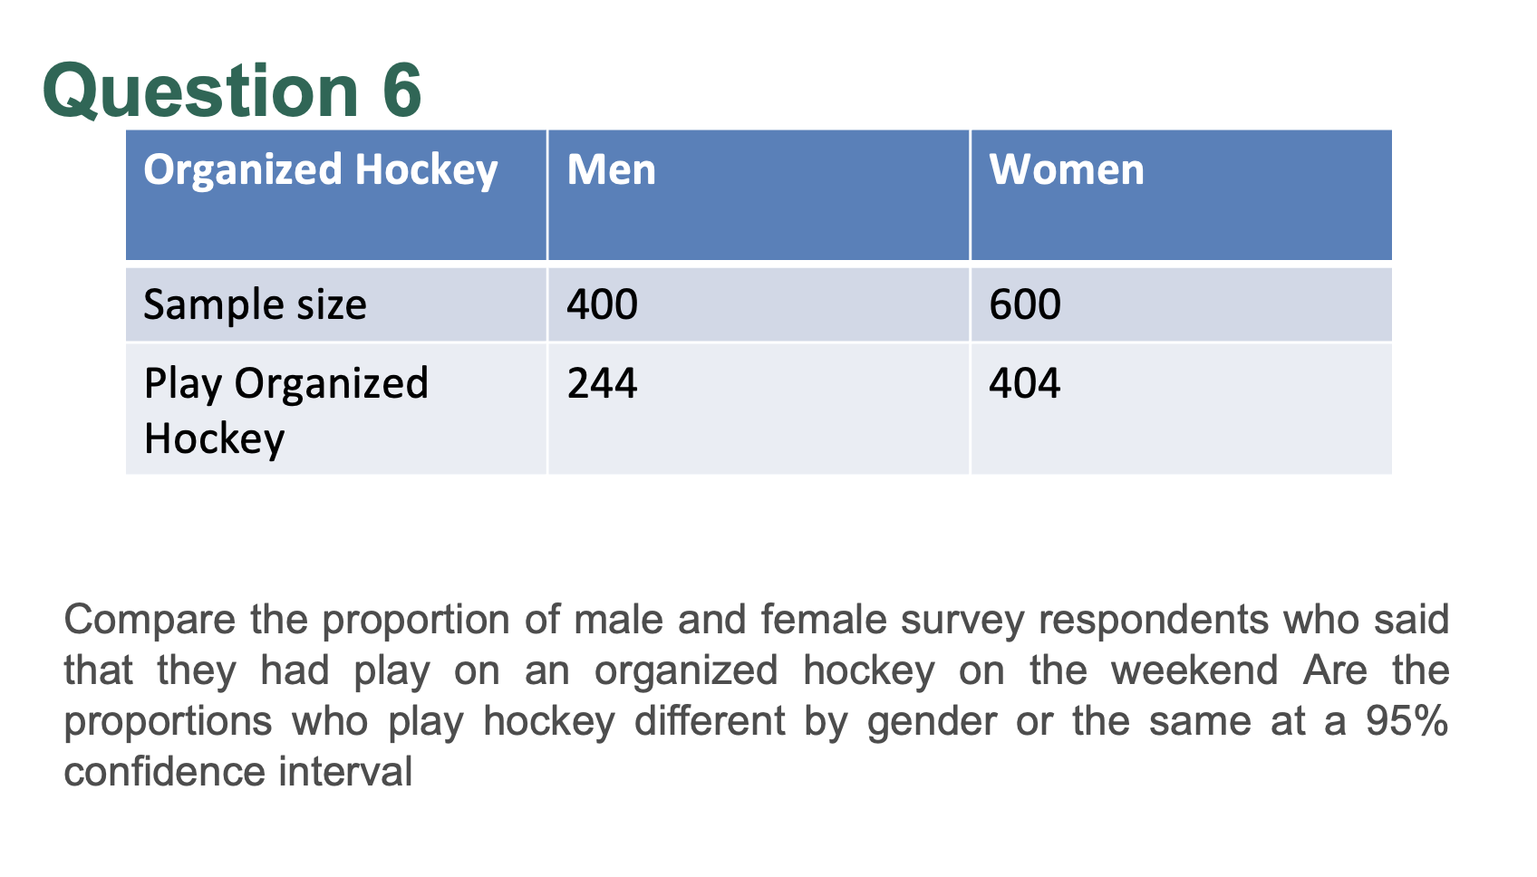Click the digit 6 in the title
[401, 91]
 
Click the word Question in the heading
[200, 91]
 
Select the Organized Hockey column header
[321, 170]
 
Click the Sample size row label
[255, 304]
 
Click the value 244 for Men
[602, 383]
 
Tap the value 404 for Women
[1024, 383]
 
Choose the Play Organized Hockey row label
[285, 410]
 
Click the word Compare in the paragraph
[150, 621]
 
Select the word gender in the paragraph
[932, 723]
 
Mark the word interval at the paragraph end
[345, 771]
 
